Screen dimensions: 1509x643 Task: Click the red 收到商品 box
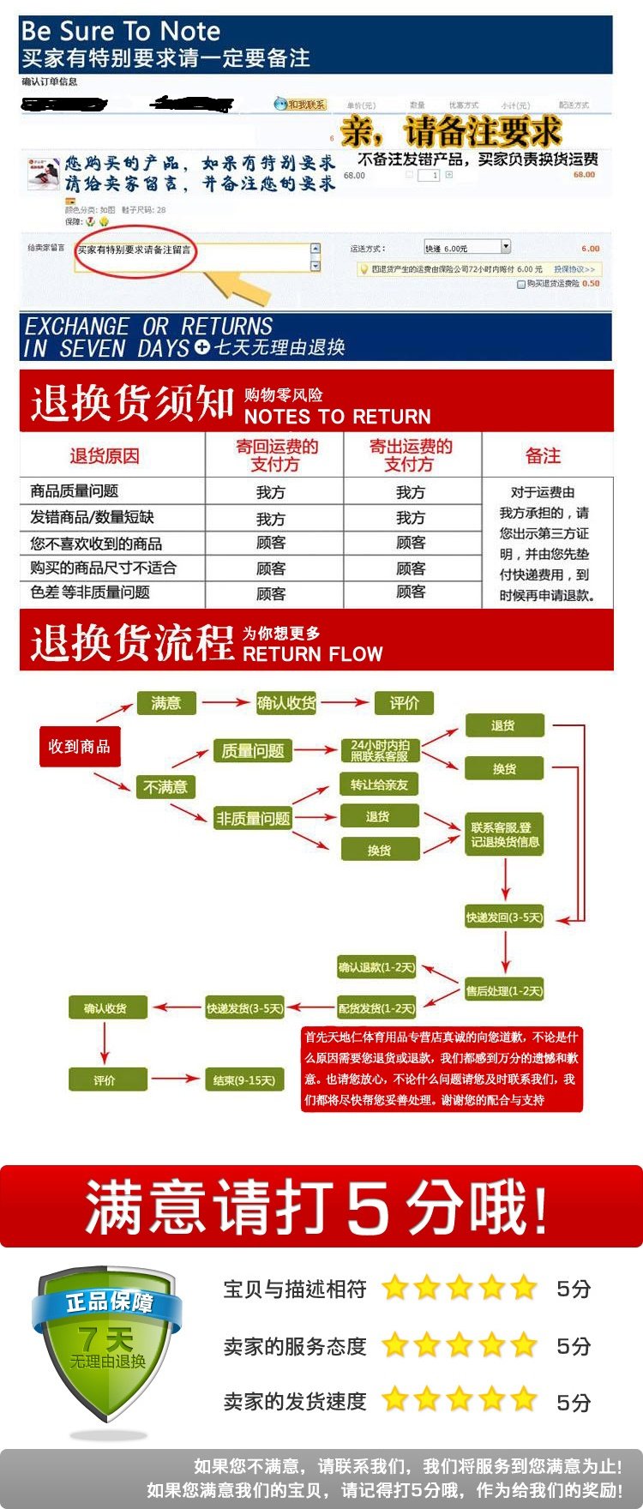(79, 747)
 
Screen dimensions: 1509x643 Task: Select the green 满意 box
(166, 703)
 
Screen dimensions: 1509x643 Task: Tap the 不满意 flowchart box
(165, 786)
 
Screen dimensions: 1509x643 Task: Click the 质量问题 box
(252, 751)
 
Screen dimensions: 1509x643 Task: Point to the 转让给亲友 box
(379, 785)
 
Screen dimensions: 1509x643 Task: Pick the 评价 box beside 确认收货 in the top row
(404, 703)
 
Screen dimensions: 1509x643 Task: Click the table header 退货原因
(105, 456)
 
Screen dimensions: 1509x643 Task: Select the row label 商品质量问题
(75, 491)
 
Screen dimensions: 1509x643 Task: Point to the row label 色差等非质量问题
(90, 592)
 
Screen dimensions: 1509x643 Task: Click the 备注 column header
(543, 456)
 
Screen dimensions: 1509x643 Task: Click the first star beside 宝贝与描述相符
(395, 1288)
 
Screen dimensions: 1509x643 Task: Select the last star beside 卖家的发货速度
(524, 1401)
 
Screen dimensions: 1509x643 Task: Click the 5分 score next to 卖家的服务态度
(574, 1346)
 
